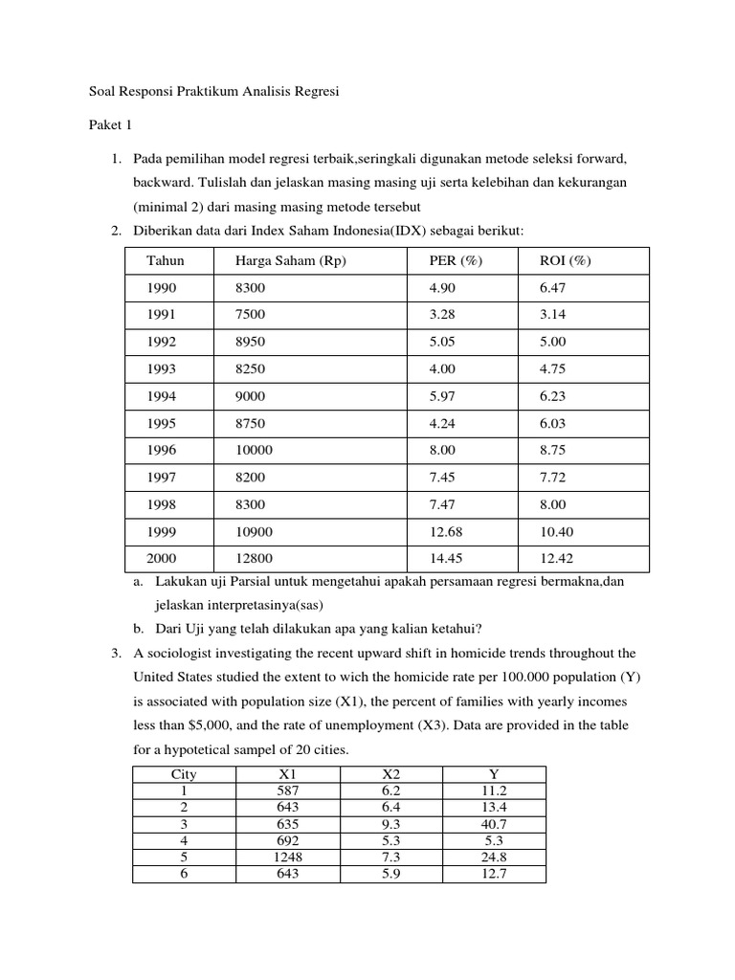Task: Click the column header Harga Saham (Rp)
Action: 290,261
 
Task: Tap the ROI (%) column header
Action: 565,261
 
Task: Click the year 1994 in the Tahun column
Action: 162,396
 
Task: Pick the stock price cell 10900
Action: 254,531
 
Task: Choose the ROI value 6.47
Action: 553,288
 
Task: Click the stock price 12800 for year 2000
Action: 254,558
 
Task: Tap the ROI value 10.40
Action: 557,531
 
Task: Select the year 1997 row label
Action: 162,478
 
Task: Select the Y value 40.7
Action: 494,823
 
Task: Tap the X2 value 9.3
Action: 390,823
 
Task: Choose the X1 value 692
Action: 286,840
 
